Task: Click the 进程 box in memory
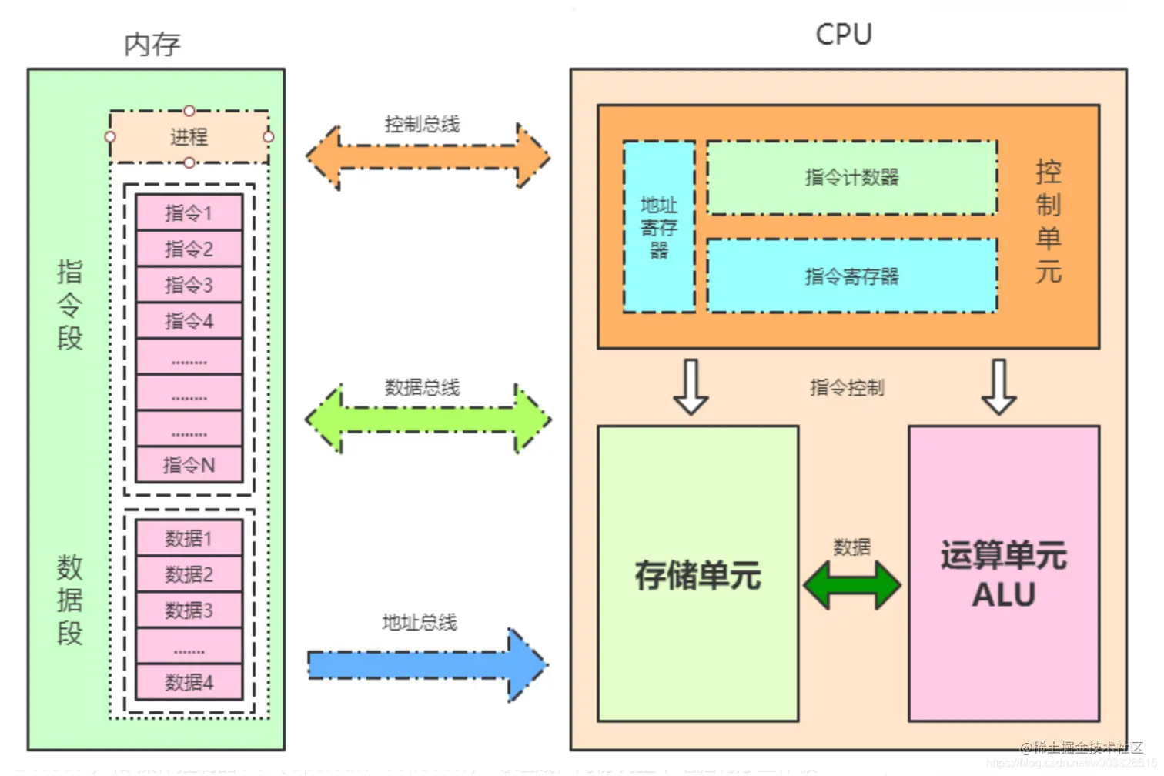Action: (189, 137)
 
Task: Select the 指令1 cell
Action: (189, 212)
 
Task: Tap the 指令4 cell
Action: (189, 321)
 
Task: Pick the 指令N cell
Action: (189, 465)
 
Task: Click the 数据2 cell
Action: (189, 574)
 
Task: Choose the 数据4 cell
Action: (189, 682)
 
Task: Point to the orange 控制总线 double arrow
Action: (428, 157)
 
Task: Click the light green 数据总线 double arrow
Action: (428, 420)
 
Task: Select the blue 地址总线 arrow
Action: (428, 664)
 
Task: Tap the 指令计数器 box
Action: (851, 178)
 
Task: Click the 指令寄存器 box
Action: (851, 276)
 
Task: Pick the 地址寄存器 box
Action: (659, 227)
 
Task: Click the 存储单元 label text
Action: (697, 575)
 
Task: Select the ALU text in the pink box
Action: (1003, 595)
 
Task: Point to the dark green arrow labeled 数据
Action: (851, 585)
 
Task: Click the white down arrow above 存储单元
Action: (691, 387)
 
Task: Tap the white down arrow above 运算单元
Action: (998, 387)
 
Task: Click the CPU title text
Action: (844, 35)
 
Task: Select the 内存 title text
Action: (152, 45)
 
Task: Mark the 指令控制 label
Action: (847, 387)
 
